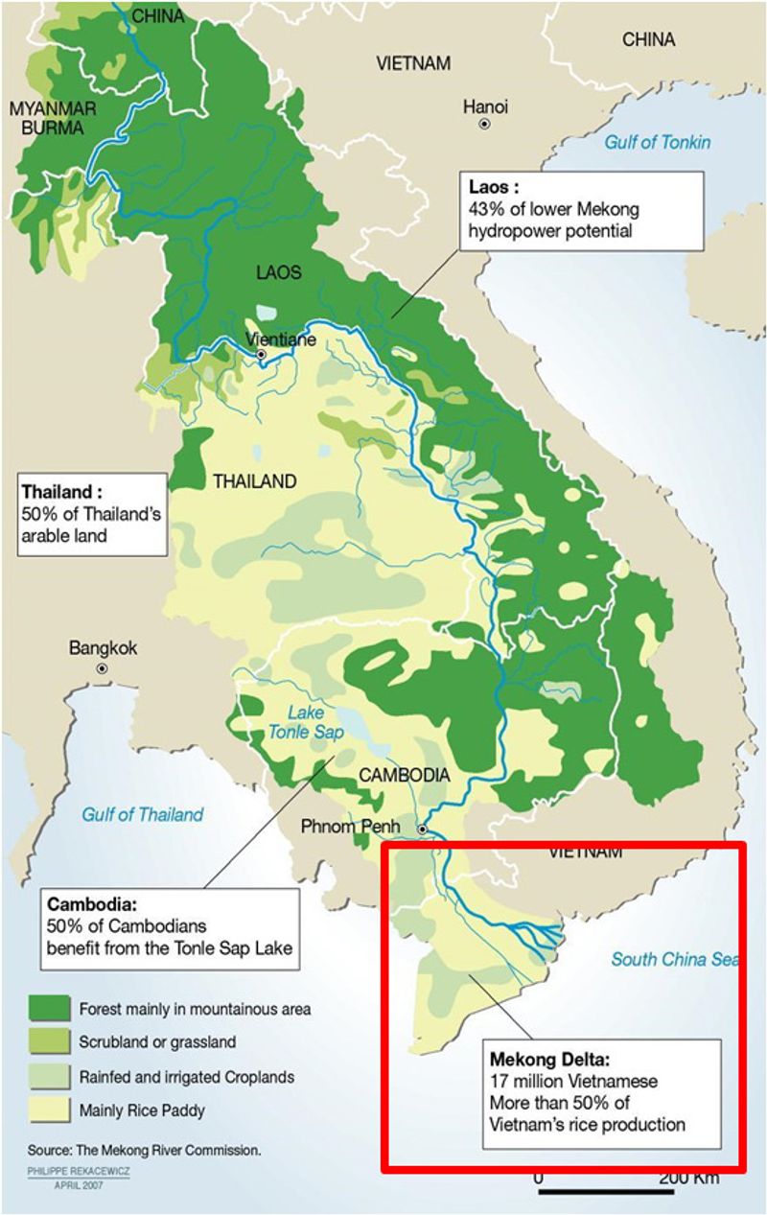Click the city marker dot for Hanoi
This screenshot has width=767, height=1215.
[485, 125]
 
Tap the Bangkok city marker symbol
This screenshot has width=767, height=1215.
[103, 668]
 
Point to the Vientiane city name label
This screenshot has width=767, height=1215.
[280, 339]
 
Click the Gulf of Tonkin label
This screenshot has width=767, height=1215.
[657, 142]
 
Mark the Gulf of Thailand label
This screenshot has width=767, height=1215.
[142, 814]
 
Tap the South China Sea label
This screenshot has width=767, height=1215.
[676, 959]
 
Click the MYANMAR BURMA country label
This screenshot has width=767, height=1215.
[46, 117]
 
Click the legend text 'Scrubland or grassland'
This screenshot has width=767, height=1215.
[157, 1042]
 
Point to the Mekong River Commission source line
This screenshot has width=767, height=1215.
[144, 1149]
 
